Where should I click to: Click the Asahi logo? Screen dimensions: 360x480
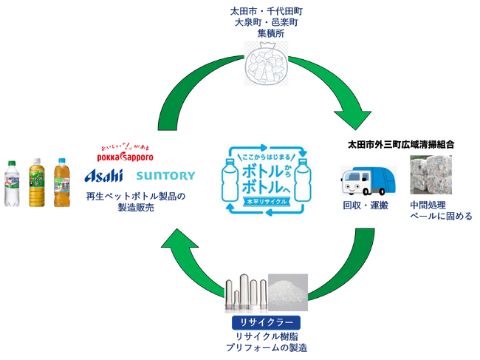pos(107,177)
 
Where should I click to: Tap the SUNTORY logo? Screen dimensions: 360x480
pos(165,177)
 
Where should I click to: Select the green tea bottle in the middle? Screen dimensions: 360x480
pos(37,183)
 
